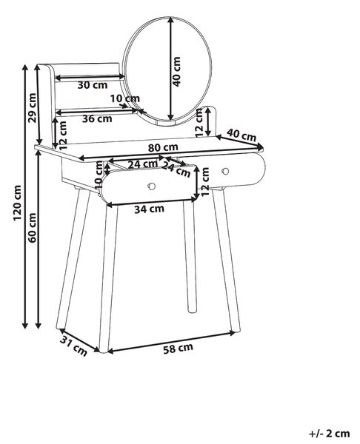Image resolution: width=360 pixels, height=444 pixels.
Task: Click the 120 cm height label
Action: click(18, 203)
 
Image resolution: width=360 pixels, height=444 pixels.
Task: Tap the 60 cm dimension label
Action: click(33, 228)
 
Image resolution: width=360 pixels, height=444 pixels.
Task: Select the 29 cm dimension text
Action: click(33, 108)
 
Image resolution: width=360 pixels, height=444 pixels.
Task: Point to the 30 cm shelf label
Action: click(93, 84)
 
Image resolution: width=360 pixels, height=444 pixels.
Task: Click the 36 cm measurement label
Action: click(97, 118)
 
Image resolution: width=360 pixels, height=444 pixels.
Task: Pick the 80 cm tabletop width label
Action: click(163, 147)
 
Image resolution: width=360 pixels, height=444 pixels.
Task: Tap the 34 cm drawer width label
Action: click(149, 209)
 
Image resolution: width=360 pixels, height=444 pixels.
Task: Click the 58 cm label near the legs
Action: click(178, 349)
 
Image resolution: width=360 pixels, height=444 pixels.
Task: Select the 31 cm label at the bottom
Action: click(73, 346)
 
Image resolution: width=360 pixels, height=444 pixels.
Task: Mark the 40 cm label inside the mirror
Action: click(176, 72)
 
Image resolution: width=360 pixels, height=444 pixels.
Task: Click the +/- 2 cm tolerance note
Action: click(330, 433)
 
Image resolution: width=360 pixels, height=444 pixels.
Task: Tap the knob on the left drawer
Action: click(151, 186)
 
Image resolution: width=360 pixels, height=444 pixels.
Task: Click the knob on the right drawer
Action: click(226, 172)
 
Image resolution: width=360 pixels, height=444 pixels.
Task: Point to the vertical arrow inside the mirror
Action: click(170, 68)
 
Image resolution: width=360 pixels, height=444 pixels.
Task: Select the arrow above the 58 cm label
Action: click(172, 342)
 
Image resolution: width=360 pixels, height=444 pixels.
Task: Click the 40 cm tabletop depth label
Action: click(241, 135)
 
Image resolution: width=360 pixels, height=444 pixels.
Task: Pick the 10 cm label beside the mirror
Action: click(125, 98)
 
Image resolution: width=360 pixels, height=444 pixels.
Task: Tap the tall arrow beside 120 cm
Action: click(25, 197)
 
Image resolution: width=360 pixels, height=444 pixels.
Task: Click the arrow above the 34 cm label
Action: click(152, 202)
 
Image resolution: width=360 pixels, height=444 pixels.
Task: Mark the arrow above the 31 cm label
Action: click(79, 340)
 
